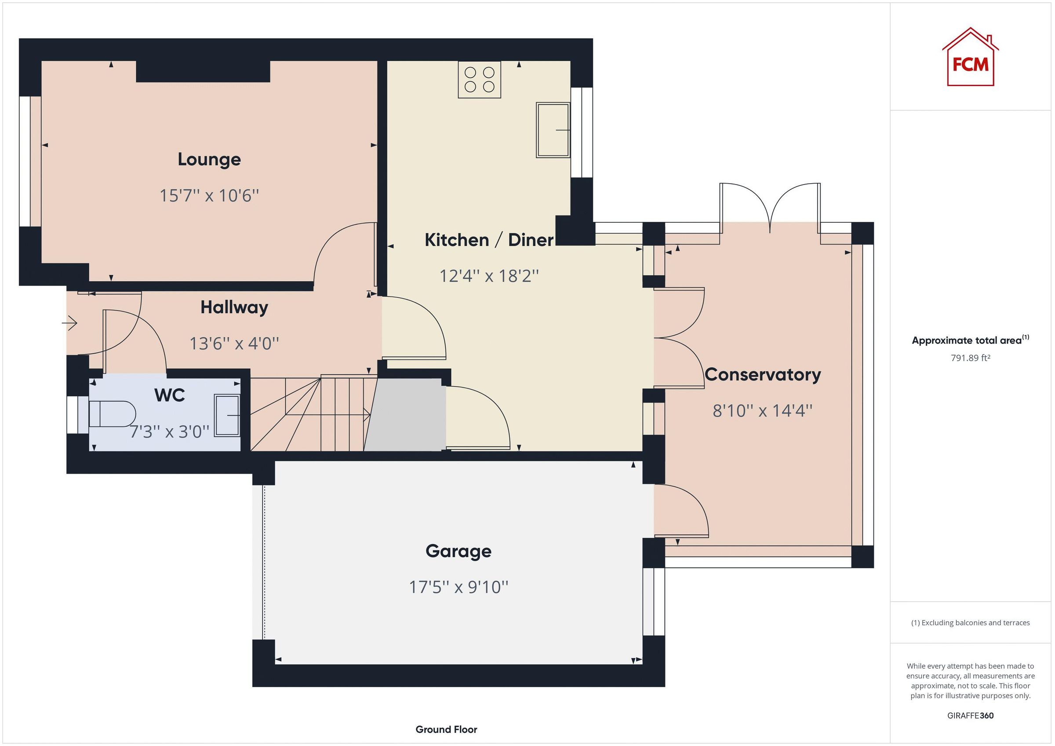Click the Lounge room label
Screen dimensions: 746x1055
209,159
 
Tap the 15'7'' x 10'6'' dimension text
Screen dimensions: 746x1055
209,196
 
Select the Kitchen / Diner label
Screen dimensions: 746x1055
489,240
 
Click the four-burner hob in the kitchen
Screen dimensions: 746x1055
479,80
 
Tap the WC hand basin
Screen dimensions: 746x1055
227,415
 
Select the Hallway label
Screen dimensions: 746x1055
234,307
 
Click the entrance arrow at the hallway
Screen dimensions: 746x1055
70,323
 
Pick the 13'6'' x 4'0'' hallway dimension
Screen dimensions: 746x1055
234,343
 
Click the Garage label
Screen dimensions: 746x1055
458,551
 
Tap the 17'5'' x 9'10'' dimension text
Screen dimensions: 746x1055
458,587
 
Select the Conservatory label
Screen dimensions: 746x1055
762,374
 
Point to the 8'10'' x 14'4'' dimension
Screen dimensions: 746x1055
762,410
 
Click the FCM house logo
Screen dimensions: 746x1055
970,59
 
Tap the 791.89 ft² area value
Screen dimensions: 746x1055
970,358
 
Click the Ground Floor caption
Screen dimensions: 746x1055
446,729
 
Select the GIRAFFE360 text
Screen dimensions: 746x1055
970,715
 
